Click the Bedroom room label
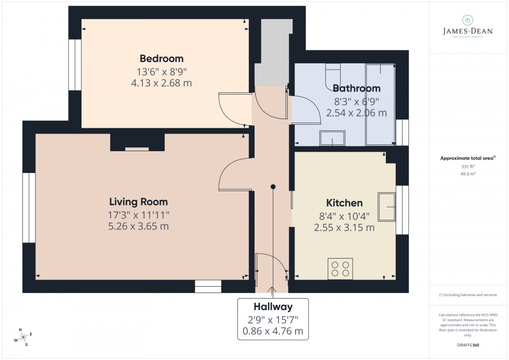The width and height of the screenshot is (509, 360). pos(161,58)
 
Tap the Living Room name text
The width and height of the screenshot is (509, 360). pos(138,202)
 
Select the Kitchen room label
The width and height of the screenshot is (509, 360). pos(344,203)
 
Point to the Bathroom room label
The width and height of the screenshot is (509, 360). pos(356,88)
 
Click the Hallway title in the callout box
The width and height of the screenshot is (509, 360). pos(273,306)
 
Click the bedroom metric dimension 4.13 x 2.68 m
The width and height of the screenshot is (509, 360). pos(161,83)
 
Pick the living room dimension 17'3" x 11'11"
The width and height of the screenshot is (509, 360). pos(138,214)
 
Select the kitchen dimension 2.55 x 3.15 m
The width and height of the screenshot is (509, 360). pos(344,227)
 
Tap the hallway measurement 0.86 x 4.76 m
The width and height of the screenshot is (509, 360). pos(273,331)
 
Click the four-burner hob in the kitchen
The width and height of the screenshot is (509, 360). pos(340,268)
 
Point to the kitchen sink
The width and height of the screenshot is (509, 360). pos(386,207)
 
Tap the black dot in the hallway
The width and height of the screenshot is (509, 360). pos(273,186)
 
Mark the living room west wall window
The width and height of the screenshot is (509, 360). pos(29,207)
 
